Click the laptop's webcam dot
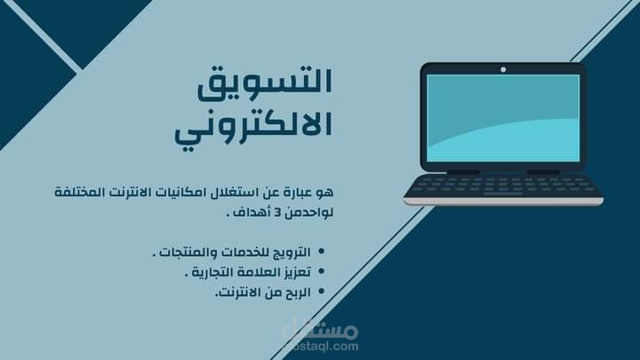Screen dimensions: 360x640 [502, 68]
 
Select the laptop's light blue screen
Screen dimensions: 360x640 [502, 117]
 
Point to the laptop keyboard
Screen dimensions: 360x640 [503, 186]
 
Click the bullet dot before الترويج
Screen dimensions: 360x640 [321, 253]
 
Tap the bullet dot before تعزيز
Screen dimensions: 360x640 [321, 272]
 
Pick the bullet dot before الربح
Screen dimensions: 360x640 [321, 292]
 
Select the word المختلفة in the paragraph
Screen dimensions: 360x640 [81, 192]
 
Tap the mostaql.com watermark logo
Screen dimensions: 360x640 [320, 333]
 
